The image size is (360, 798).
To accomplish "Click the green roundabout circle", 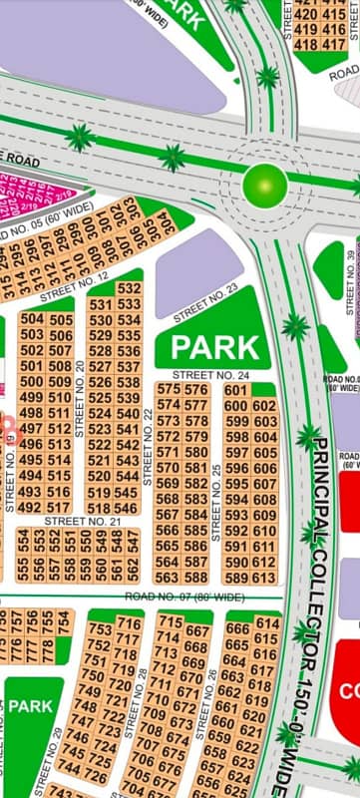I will [x=266, y=184].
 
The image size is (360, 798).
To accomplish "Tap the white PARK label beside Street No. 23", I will [x=215, y=348].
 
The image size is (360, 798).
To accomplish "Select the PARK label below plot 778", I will [x=32, y=705].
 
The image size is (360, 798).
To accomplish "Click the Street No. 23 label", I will [x=205, y=303].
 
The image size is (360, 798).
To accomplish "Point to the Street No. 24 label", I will [x=215, y=376].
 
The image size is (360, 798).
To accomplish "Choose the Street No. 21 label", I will [x=82, y=521].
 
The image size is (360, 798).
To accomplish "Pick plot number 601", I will [x=236, y=390].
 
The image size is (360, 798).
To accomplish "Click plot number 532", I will [x=129, y=288].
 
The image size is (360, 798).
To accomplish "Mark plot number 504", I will [x=32, y=319].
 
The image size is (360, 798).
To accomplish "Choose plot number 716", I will [x=129, y=623].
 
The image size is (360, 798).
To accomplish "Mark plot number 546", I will [x=128, y=508].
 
